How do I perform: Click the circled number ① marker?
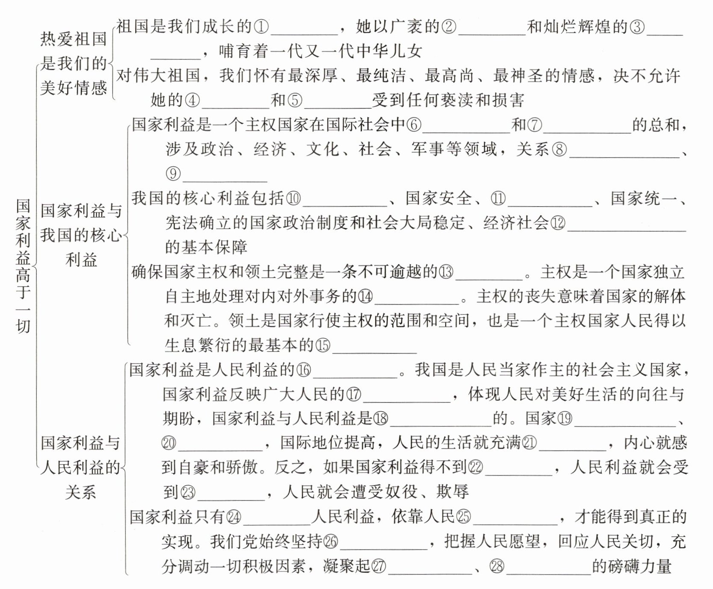[261, 27]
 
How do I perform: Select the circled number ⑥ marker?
[413, 125]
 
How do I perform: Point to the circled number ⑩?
[293, 198]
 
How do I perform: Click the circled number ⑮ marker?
[323, 346]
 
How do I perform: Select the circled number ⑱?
[381, 419]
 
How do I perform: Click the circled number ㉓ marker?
[188, 492]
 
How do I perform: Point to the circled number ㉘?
[497, 567]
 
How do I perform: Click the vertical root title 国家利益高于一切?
[23, 265]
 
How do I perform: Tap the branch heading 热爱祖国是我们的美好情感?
[74, 63]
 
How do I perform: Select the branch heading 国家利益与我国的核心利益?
[81, 235]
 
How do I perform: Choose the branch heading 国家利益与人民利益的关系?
[80, 468]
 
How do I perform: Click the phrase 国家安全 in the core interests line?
[438, 198]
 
